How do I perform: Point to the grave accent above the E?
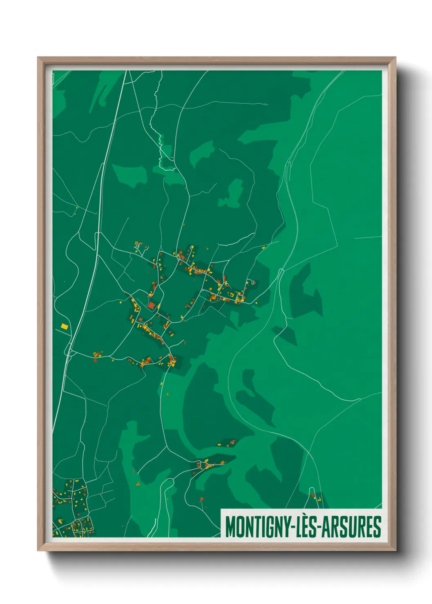[303, 517]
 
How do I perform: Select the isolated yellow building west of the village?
[64, 326]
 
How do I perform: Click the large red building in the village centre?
[151, 305]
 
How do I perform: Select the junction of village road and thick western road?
[70, 352]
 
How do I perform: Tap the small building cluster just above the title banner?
[316, 497]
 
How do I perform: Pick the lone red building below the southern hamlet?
[201, 499]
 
